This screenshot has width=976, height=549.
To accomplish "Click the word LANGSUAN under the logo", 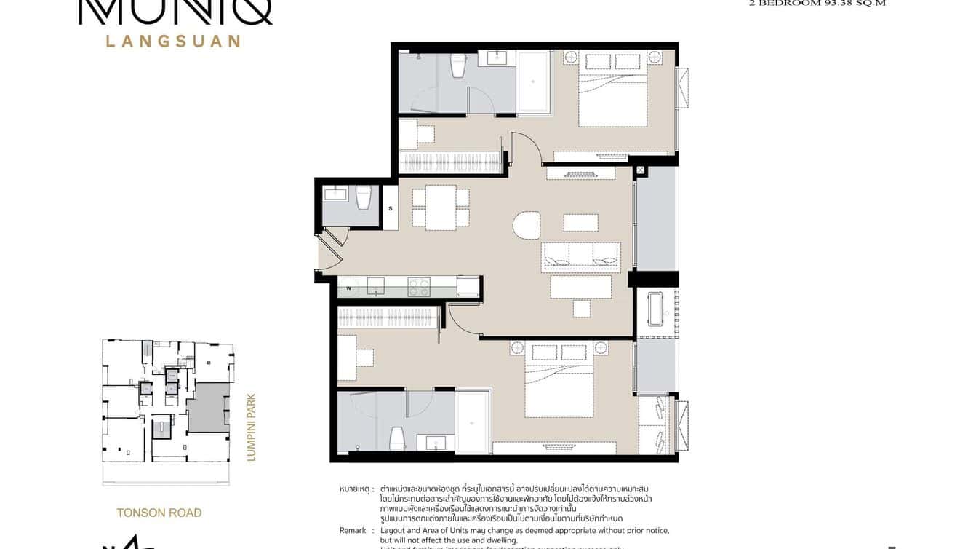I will pos(173,41).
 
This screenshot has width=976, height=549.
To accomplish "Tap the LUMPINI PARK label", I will pos(252,427).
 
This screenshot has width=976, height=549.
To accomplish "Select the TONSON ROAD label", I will pos(159,513).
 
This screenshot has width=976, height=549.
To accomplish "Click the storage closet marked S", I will pos(391,208).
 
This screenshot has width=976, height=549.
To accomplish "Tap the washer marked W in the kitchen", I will pos(349,288).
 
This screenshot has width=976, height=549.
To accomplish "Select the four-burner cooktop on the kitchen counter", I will pos(419,287).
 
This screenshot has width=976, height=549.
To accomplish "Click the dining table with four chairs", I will pos(441,208).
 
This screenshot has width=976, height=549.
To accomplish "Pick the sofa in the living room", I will pos(580,257).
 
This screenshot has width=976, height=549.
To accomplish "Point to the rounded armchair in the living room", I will pos(527,225).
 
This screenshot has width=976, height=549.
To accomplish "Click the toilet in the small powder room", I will pos(364,197).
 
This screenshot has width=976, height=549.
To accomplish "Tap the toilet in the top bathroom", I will pos(458,65).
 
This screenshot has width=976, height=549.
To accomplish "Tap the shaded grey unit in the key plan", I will pos(208,408).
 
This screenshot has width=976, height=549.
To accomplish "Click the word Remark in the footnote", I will pos(353,531).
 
